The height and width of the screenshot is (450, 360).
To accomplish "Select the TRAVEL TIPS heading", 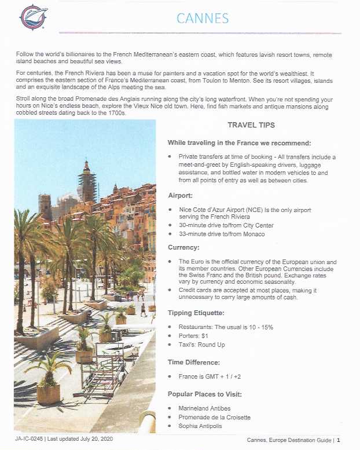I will pos(250,125).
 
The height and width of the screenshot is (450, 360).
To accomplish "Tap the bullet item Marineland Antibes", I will pos(204,408).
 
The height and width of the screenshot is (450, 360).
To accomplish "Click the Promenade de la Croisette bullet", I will pos(214,417).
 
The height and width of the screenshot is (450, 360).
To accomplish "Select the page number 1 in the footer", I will pos(338,440).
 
